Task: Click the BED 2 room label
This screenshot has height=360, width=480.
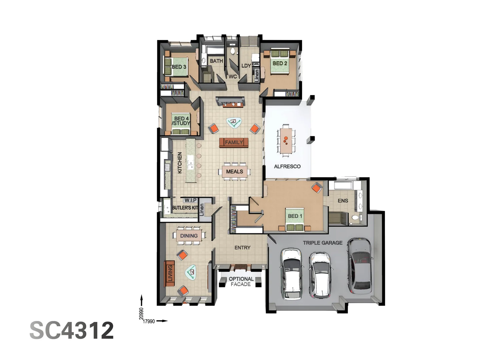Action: click(280, 63)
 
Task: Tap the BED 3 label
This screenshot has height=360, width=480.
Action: click(179, 67)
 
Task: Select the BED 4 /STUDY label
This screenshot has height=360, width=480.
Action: click(181, 121)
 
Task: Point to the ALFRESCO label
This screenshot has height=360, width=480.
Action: click(287, 166)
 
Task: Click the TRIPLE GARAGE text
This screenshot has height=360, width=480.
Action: click(322, 243)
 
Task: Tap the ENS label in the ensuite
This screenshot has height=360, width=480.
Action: click(343, 201)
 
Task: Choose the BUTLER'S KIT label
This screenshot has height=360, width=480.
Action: click(185, 208)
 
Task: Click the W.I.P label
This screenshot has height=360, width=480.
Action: click(190, 200)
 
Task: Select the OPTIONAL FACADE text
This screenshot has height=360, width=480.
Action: click(241, 281)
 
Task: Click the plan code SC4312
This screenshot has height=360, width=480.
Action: click(72, 330)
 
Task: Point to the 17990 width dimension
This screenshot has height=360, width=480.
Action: click(149, 321)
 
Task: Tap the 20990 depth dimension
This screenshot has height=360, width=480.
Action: click(141, 313)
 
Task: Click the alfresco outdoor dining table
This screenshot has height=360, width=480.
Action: click(286, 140)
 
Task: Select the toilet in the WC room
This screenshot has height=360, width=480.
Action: click(233, 51)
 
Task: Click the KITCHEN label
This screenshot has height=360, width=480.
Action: click(180, 163)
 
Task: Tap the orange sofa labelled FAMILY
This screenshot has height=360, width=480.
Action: click(234, 142)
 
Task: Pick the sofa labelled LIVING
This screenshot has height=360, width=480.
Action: click(170, 273)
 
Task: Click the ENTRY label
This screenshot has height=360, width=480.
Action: click(242, 248)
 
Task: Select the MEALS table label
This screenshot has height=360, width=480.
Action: click(234, 171)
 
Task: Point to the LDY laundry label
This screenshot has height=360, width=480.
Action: click(246, 66)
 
